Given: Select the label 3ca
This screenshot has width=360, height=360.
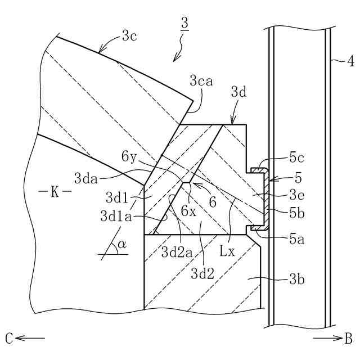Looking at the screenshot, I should (x=201, y=82).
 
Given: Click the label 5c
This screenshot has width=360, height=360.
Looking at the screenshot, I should (x=296, y=156).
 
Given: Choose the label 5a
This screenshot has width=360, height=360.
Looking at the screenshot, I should (x=298, y=238).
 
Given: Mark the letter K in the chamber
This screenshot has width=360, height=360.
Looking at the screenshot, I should (x=55, y=192).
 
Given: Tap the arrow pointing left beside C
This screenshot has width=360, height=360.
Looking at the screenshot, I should (x=31, y=338).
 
